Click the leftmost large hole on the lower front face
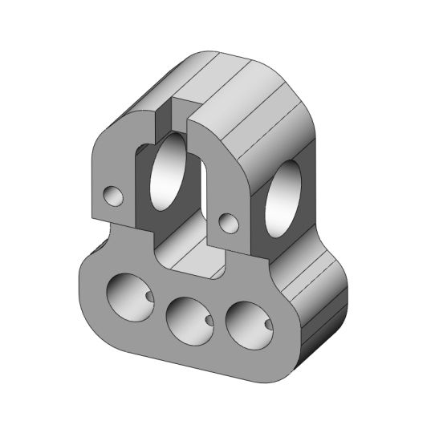pos(128,294)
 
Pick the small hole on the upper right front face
pos(229,224)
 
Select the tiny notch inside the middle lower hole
pos(209,321)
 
